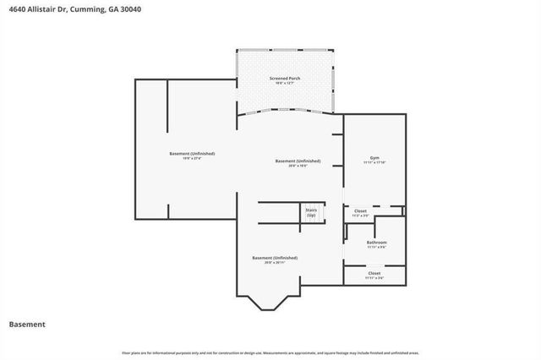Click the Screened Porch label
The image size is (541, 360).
click(x=284, y=78)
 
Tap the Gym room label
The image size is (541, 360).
click(x=374, y=158)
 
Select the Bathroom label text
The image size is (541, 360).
click(x=376, y=243)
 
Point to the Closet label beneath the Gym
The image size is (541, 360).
click(x=360, y=210)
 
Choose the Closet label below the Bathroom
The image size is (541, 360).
click(x=374, y=273)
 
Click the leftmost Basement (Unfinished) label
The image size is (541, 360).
click(x=192, y=153)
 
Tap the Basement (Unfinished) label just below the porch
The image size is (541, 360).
click(x=298, y=161)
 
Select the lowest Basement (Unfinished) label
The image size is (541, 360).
click(x=275, y=257)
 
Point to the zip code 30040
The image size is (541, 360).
click(x=130, y=10)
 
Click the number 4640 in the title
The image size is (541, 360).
click(x=18, y=10)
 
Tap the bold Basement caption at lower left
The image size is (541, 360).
click(x=26, y=324)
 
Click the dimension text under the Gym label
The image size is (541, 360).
click(x=374, y=163)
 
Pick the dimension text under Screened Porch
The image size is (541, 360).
click(x=284, y=83)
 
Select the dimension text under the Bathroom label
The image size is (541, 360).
click(x=376, y=248)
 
